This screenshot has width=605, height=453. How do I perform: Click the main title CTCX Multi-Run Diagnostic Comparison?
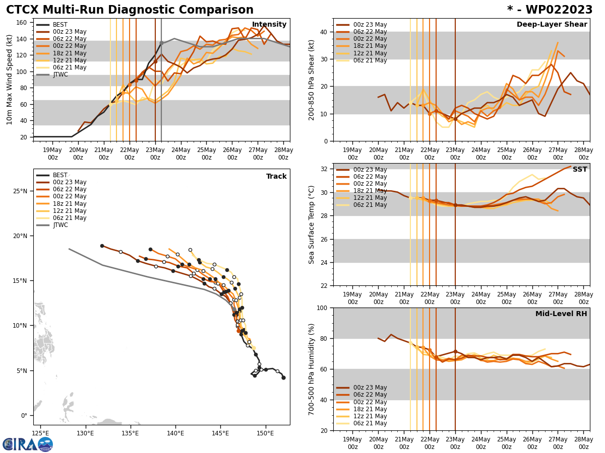pos(130,10)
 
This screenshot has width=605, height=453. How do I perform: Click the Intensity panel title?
pos(269,25)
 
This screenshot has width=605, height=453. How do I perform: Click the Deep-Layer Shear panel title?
pos(552,25)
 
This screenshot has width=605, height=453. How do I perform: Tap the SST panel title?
pos(580,170)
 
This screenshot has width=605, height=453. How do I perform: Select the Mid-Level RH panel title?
pos(561,314)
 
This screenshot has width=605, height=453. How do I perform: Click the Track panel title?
pos(276,177)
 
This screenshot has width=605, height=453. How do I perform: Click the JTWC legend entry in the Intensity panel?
pos(60,75)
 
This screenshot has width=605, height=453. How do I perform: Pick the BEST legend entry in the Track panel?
pos(60,176)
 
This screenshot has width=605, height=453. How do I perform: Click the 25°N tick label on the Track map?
pos(20,191)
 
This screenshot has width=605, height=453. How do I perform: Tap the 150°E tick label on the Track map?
pos(265,433)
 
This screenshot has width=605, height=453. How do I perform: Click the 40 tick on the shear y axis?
pos(323,32)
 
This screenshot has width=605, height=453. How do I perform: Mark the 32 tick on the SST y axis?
pos(323,169)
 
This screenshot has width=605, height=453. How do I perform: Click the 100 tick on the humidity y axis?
pos(321,308)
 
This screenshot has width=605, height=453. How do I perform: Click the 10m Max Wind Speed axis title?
pos(10,80)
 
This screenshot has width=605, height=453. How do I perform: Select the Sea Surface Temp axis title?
pos(312,224)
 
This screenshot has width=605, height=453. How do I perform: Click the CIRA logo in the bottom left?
pos(28,444)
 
